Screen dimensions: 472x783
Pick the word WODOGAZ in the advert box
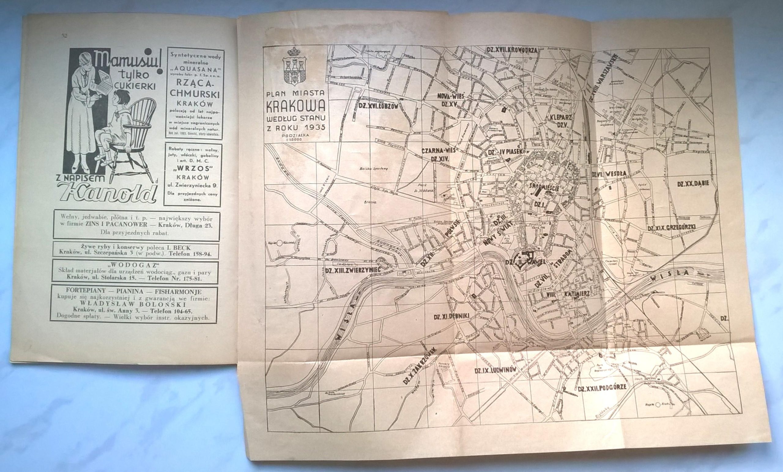135,264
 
